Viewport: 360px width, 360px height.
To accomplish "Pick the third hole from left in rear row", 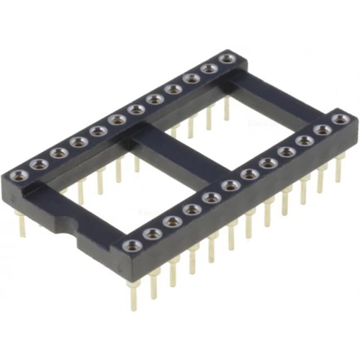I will point(58,152).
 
